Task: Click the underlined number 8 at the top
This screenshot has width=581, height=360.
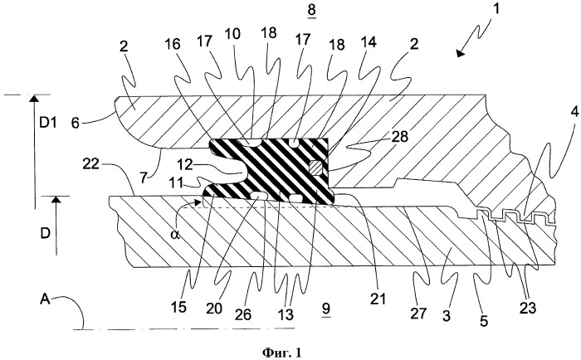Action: tap(311, 10)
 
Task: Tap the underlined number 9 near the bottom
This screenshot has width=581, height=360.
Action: tap(326, 309)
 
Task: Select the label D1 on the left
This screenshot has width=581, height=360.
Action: tap(48, 122)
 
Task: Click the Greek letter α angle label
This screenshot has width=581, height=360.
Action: tap(176, 234)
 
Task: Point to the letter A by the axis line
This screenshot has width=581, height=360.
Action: tap(45, 299)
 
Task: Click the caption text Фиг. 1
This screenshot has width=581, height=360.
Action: tap(282, 352)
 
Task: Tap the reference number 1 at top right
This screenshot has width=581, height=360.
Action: tap(496, 8)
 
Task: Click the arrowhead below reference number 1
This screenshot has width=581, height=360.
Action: tap(460, 53)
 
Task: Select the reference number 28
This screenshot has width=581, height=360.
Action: tap(399, 137)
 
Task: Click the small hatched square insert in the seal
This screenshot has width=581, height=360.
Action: tap(315, 168)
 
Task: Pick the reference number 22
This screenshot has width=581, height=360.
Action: tap(90, 163)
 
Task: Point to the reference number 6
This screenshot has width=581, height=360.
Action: tap(76, 123)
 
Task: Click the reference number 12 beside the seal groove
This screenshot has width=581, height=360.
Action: tap(185, 164)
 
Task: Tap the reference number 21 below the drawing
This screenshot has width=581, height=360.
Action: tap(378, 298)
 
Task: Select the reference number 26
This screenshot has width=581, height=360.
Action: tap(243, 315)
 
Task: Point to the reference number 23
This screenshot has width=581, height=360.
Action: tap(528, 308)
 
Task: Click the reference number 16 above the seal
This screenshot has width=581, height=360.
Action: tap(172, 45)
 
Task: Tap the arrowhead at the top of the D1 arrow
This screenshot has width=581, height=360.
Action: tap(34, 98)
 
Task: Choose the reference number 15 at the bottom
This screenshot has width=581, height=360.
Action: tap(178, 308)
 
